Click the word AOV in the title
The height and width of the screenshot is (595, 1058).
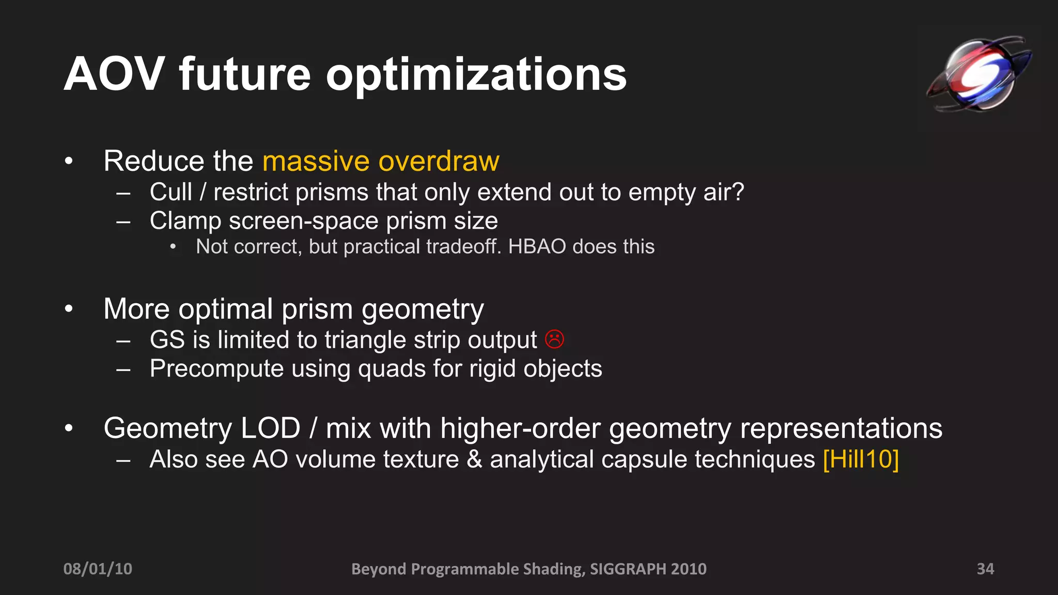114,75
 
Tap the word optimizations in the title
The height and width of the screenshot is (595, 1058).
476,75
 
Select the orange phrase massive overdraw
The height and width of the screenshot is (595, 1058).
381,161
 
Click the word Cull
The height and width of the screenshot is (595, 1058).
170,192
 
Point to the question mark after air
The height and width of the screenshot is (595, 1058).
738,192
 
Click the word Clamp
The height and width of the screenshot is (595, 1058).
185,221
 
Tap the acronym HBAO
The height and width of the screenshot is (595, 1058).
537,247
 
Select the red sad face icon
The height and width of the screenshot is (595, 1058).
554,339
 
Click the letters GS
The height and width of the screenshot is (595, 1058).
167,340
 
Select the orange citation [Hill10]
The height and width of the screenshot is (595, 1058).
861,459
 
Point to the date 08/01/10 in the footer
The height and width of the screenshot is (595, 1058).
98,569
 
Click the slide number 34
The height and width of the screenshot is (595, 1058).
985,569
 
